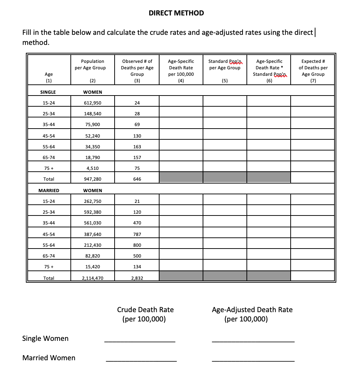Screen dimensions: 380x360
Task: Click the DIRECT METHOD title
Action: [x=176, y=13]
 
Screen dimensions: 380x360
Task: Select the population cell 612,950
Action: [x=92, y=103]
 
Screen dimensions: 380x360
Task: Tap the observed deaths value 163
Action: [x=137, y=147]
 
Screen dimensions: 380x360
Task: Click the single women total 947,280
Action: [x=92, y=179]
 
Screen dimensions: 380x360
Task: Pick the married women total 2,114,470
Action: [x=92, y=278]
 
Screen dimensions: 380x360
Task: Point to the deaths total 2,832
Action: [x=137, y=278]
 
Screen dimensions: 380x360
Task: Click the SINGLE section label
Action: [x=48, y=92]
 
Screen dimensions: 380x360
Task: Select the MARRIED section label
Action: [x=49, y=190]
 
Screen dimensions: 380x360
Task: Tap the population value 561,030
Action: [x=92, y=223]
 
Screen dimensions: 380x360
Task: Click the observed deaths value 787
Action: [x=137, y=234]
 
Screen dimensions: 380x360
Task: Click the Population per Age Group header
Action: [x=92, y=65]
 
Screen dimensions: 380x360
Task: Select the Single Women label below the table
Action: [x=45, y=338]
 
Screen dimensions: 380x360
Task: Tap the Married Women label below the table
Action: [x=49, y=358]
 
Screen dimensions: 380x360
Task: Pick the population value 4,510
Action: [x=92, y=168]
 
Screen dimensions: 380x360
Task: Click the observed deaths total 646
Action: [x=137, y=179]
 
